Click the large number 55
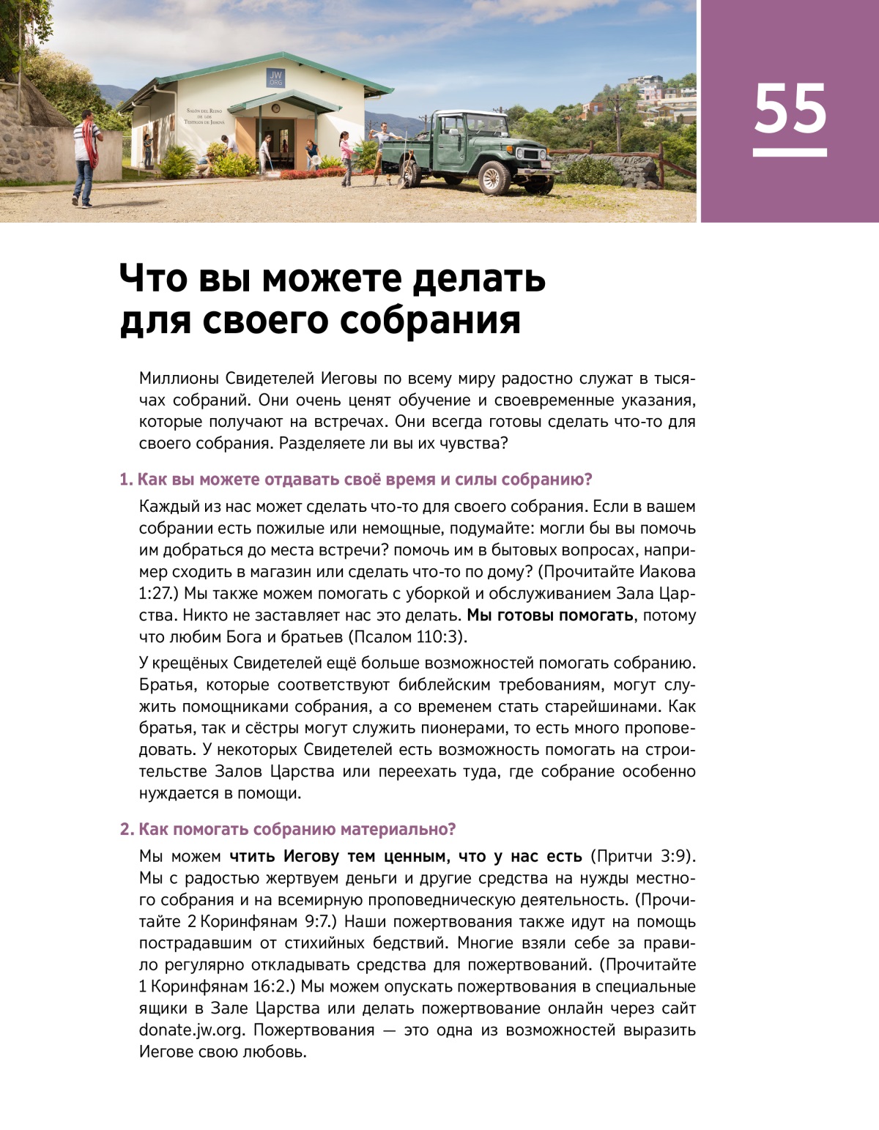790,108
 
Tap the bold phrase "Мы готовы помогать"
550,615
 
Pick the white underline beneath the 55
790,152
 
